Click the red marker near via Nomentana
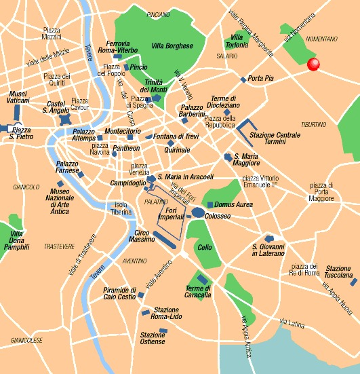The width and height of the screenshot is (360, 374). [313, 64]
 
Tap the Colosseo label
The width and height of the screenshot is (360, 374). [218, 216]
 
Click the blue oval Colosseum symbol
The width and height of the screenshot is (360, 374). [197, 213]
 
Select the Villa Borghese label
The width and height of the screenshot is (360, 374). [172, 46]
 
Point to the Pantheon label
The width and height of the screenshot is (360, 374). [127, 148]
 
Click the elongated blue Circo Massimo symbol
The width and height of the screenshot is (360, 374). [166, 238]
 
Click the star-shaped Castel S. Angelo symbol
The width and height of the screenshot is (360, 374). [65, 119]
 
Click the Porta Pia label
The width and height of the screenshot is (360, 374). [261, 79]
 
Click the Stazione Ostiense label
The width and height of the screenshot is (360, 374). [153, 338]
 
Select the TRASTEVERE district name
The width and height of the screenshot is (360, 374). [58, 246]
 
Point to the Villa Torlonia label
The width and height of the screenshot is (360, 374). [238, 41]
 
